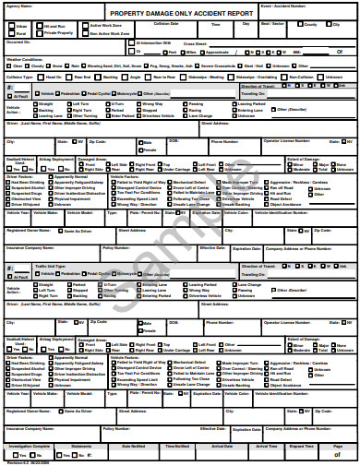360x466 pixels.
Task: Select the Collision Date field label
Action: (166, 24)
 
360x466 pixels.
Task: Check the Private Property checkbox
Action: (39, 34)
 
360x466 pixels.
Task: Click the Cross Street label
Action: (195, 43)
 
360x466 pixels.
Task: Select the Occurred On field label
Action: (18, 42)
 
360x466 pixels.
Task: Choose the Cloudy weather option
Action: (37, 66)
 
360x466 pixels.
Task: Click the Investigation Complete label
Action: (28, 446)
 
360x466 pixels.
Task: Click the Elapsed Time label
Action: (301, 446)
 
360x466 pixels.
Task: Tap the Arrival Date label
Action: (222, 446)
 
